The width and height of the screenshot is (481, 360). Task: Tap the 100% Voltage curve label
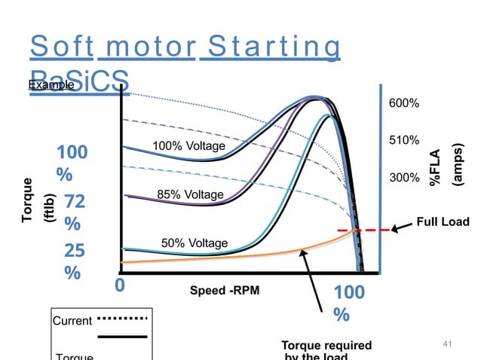click(188, 145)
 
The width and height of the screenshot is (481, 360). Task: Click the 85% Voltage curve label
click(190, 195)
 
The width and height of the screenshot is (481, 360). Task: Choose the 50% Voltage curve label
click(195, 243)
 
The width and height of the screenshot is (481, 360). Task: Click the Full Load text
click(443, 221)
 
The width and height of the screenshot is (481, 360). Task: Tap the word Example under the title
click(51, 85)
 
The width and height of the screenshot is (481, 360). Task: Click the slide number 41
click(447, 344)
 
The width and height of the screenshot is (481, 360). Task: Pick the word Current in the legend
click(72, 321)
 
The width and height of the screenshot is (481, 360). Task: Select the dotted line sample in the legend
click(122, 317)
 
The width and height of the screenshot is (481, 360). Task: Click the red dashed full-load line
click(362, 230)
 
